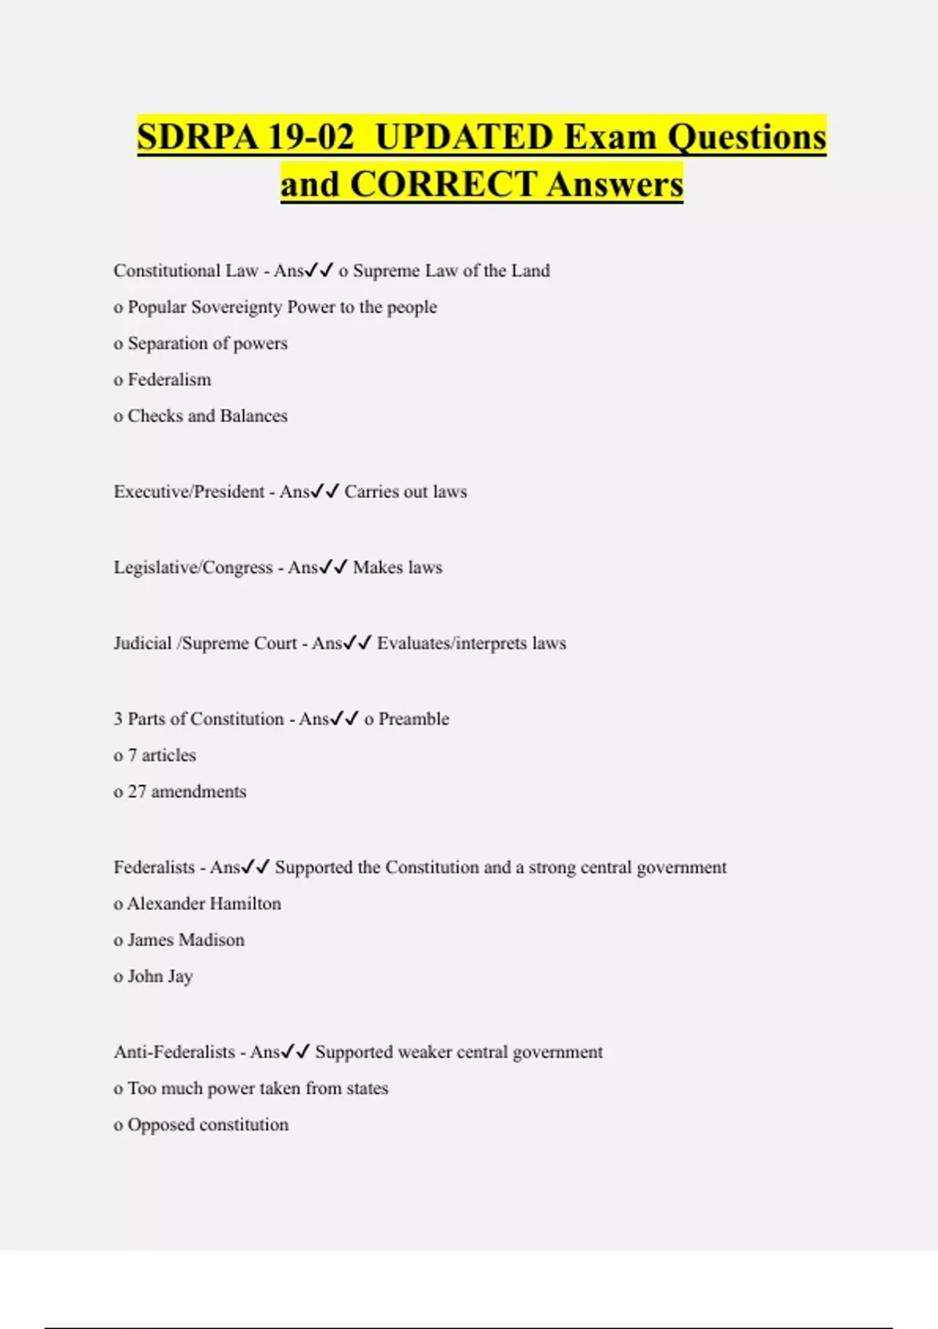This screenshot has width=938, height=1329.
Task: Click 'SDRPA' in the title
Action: click(198, 137)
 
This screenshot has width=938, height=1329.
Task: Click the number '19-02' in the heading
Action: click(310, 137)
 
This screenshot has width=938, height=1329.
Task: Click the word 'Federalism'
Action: click(169, 380)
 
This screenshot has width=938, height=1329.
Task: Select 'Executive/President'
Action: click(189, 492)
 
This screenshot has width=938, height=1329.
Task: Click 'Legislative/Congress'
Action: click(193, 568)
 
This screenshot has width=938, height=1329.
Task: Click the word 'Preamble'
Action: click(414, 719)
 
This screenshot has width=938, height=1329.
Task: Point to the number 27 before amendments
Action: click(137, 792)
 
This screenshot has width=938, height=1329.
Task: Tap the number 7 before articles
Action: click(132, 755)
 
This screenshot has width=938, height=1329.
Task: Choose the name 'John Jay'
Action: click(159, 976)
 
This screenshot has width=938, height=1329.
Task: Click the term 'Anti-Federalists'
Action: click(174, 1052)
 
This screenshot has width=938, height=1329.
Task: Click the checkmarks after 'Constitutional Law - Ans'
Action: click(320, 270)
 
